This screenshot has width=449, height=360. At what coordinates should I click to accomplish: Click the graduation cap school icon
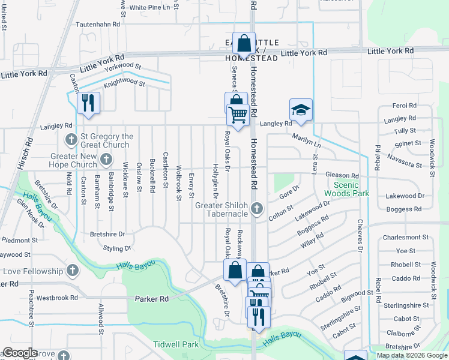[301, 110]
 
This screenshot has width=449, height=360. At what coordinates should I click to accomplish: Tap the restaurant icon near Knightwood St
[88, 102]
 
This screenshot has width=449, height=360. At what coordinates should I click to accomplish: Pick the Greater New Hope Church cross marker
[106, 159]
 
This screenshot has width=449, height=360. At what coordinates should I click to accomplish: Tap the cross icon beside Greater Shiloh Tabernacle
[257, 209]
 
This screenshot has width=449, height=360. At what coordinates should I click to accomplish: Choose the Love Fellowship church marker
[73, 269]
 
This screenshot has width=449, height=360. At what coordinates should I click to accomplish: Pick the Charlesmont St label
[407, 237]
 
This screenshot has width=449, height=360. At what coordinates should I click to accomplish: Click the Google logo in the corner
[20, 353]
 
